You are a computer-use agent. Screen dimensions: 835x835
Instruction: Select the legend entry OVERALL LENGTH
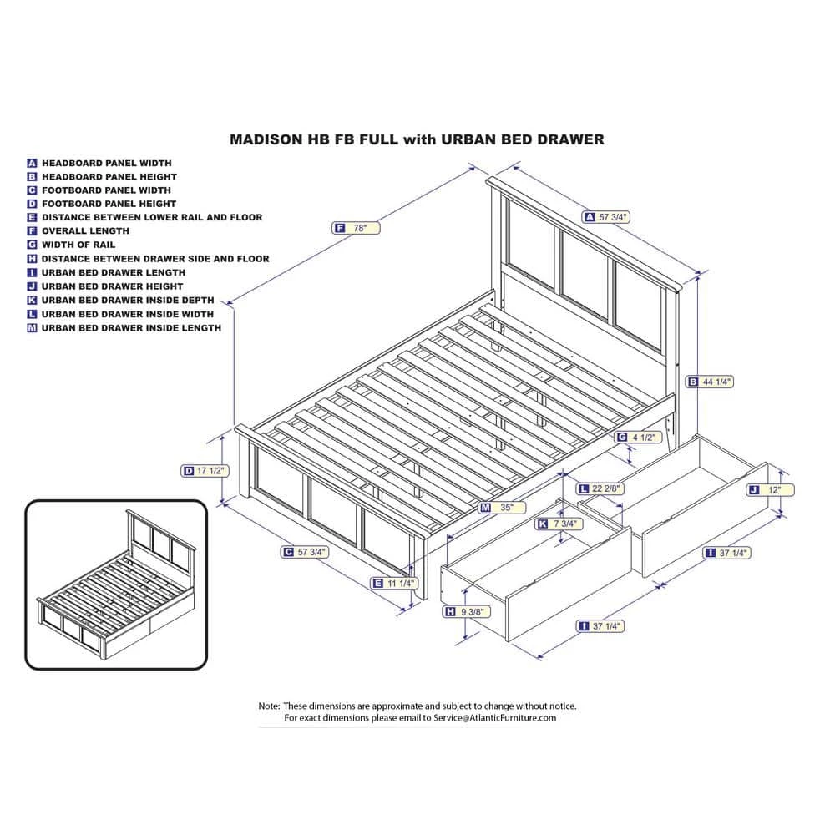(85, 230)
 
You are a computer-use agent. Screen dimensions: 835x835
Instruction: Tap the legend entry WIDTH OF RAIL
(78, 245)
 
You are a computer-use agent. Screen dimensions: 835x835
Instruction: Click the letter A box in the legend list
(33, 164)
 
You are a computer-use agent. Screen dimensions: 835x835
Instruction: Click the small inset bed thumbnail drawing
(115, 584)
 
